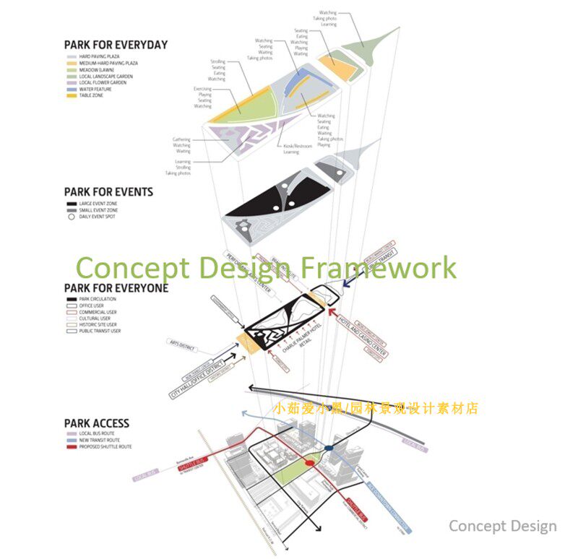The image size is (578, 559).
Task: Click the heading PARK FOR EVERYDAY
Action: (116, 45)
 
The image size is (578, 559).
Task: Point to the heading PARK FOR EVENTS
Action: (108, 192)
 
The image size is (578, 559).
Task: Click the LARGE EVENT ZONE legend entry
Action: (97, 204)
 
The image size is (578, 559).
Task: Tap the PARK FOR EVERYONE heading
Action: (116, 288)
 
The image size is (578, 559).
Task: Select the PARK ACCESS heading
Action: (97, 424)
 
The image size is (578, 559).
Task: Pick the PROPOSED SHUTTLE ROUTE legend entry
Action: (105, 447)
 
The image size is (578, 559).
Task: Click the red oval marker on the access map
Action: (311, 462)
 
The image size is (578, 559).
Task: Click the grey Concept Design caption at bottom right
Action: (502, 526)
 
